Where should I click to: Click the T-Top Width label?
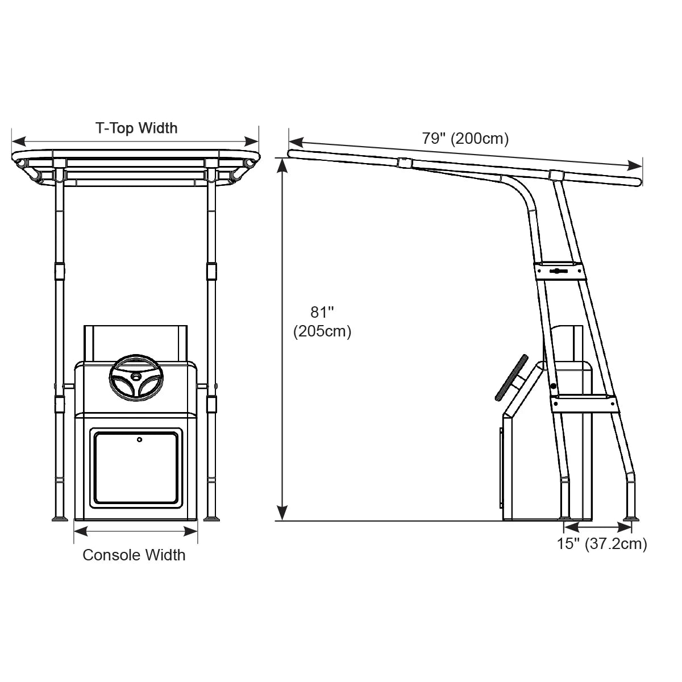tap(136, 128)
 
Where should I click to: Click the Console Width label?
tap(134, 555)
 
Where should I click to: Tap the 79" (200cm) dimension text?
tap(465, 138)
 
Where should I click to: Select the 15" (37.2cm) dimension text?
tap(602, 544)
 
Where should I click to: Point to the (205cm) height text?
tap(322, 331)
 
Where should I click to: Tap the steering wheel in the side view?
tap(511, 377)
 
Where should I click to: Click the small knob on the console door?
tap(139, 439)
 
